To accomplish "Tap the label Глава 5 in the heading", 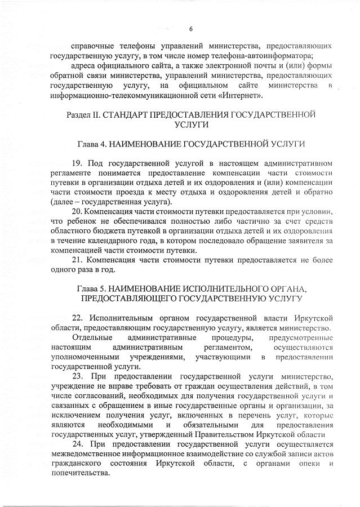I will click(91, 288).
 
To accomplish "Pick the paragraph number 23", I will click(78, 376).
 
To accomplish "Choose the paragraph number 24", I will click(78, 444).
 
